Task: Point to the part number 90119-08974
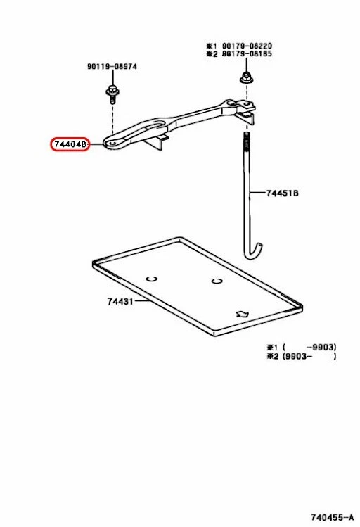pyautogui.click(x=112, y=66)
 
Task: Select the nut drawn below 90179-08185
pyautogui.click(x=246, y=77)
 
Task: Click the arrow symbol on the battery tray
pyautogui.click(x=243, y=314)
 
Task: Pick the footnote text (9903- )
pyautogui.click(x=309, y=357)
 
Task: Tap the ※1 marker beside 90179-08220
pyautogui.click(x=210, y=44)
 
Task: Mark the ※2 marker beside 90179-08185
pyautogui.click(x=210, y=53)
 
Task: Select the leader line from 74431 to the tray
pyautogui.click(x=141, y=302)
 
